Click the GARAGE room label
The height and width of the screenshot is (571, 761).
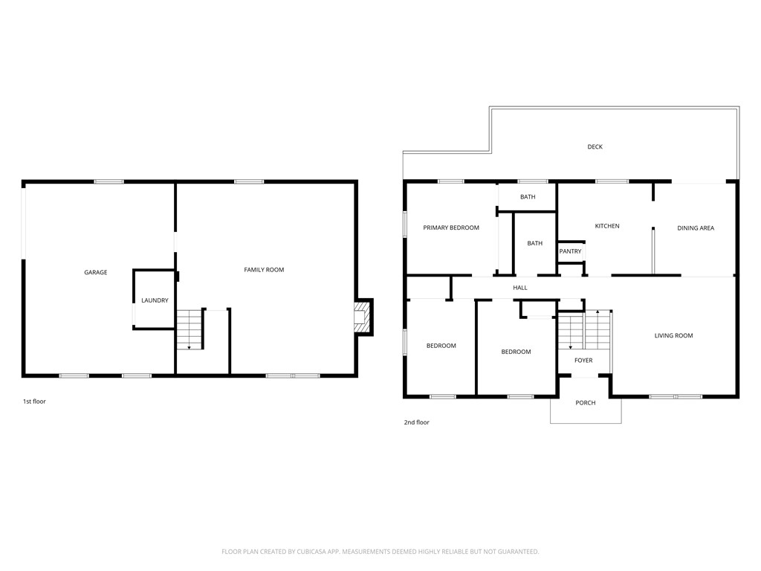coord(96,272)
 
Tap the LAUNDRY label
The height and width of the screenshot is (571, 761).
coord(155,300)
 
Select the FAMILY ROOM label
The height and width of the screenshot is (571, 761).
coord(264,270)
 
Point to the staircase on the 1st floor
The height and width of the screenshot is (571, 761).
coord(190,329)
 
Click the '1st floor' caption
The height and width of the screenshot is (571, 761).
coord(34,401)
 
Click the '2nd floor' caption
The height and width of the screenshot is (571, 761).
coord(416,422)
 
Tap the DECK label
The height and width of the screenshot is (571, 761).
coord(595,146)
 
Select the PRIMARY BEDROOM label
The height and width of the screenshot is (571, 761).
coord(451,228)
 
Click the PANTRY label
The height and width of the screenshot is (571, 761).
coord(570,251)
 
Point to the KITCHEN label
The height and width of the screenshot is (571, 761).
coord(607,226)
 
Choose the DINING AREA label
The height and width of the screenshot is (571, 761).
coord(696,228)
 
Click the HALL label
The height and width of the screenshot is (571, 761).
coord(520,288)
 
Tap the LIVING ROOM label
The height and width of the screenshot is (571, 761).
coord(673,335)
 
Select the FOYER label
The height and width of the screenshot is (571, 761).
coord(583,361)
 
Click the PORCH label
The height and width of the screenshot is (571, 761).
coord(586,403)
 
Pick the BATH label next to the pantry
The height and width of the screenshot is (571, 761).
coord(535,243)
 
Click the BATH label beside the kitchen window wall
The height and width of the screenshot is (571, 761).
coord(528,197)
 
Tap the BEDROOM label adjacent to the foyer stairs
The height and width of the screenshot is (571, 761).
coord(516,352)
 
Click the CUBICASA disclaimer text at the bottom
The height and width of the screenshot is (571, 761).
coord(380,552)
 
